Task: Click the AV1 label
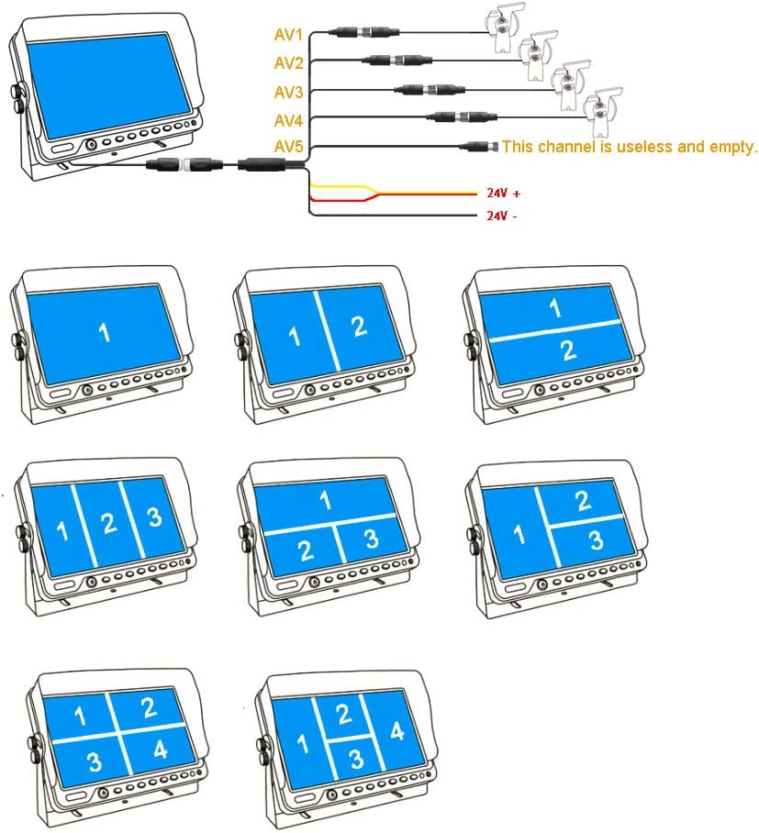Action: click(x=289, y=35)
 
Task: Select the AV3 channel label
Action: click(x=289, y=92)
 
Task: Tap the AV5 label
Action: click(x=289, y=147)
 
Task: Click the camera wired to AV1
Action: click(x=501, y=24)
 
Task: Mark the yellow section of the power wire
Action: click(x=340, y=187)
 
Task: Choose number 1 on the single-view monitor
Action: click(x=105, y=332)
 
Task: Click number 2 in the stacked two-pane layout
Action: click(x=569, y=350)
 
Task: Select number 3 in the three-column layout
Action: click(x=153, y=516)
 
